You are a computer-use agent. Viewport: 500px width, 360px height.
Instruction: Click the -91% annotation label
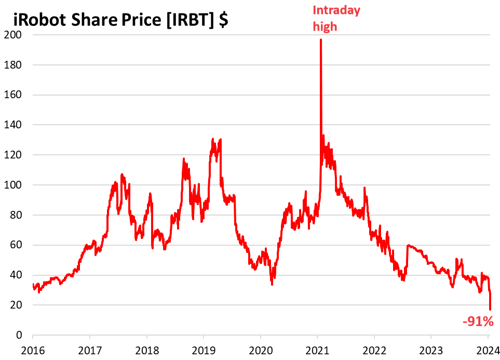point(478,322)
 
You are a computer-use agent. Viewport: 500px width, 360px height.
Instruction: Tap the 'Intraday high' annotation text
point(329,18)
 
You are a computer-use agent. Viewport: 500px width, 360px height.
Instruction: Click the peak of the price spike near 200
point(320,40)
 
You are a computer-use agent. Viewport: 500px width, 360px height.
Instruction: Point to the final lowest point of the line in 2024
point(490,310)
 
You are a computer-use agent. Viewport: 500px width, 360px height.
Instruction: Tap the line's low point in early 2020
point(272,284)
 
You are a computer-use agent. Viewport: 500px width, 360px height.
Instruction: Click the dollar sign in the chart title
point(223,21)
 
